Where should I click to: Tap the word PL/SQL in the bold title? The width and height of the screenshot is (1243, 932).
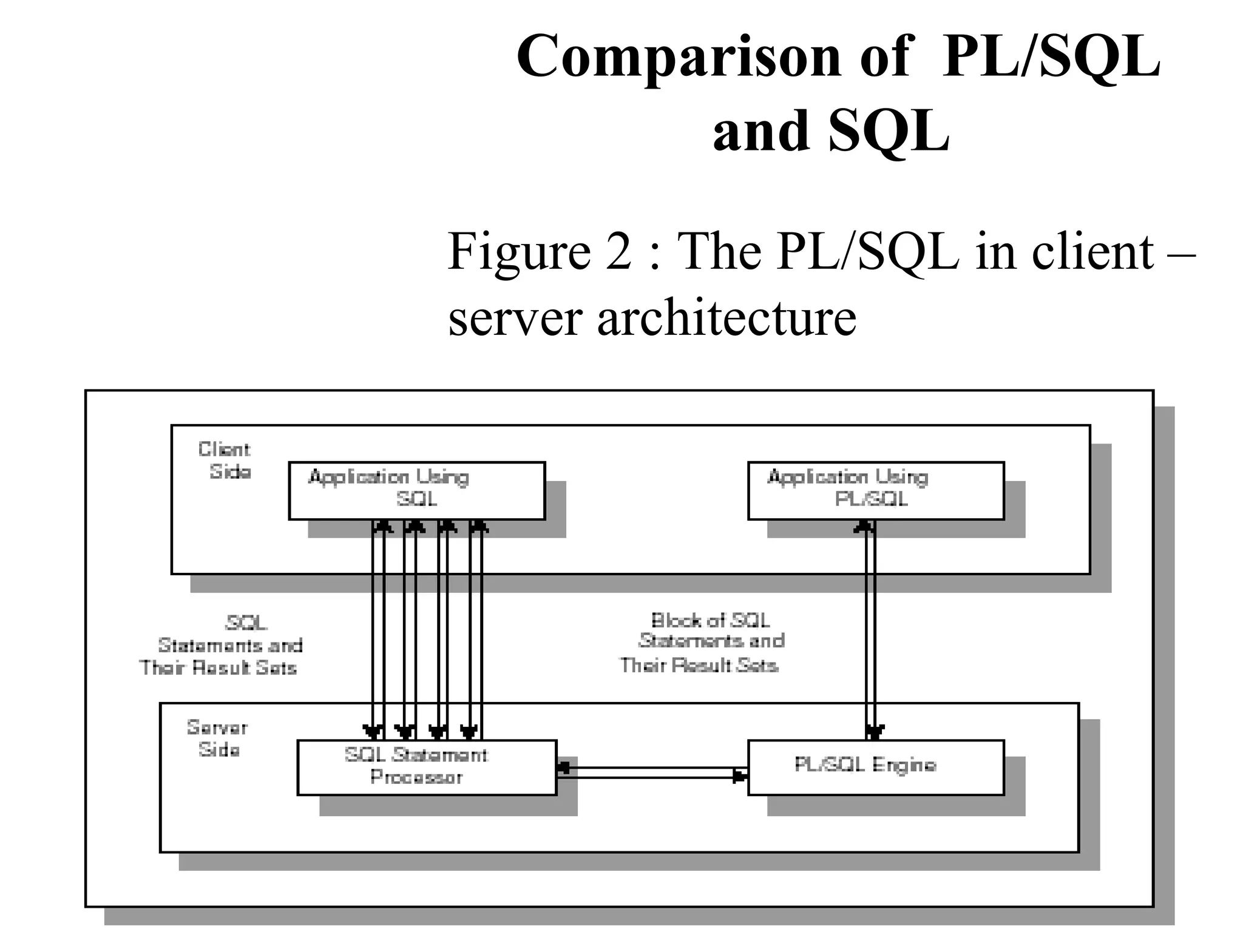(x=1051, y=56)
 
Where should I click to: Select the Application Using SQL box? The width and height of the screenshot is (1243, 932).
(x=416, y=490)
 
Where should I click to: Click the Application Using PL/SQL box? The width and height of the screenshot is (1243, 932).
(x=875, y=490)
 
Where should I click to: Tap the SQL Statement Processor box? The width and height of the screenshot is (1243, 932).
(x=427, y=767)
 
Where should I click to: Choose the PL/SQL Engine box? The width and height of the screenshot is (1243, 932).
(x=875, y=767)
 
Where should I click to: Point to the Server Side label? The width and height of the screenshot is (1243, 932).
(x=217, y=738)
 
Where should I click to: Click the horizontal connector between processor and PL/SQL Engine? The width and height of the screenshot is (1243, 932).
(x=652, y=772)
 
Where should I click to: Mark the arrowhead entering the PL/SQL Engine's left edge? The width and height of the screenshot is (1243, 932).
(x=740, y=776)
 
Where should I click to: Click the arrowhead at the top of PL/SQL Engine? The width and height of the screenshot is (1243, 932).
(x=874, y=731)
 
